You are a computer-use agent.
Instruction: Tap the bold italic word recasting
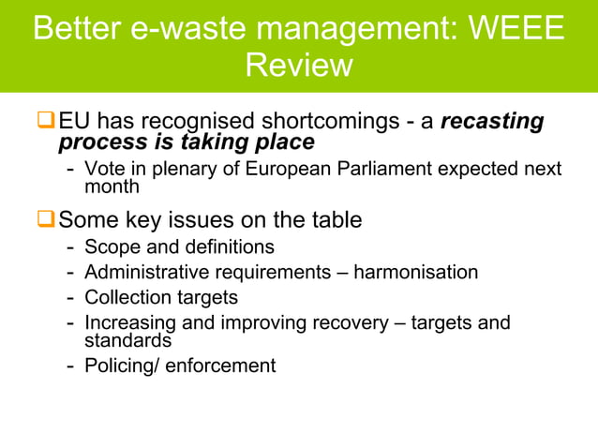(492, 122)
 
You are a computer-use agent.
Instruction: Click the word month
(112, 186)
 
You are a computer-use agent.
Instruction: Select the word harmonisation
(415, 273)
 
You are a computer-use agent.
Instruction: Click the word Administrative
(147, 273)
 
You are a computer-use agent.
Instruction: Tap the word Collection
(126, 298)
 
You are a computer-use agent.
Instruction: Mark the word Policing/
(121, 366)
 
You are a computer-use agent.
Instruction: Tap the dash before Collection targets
(70, 298)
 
